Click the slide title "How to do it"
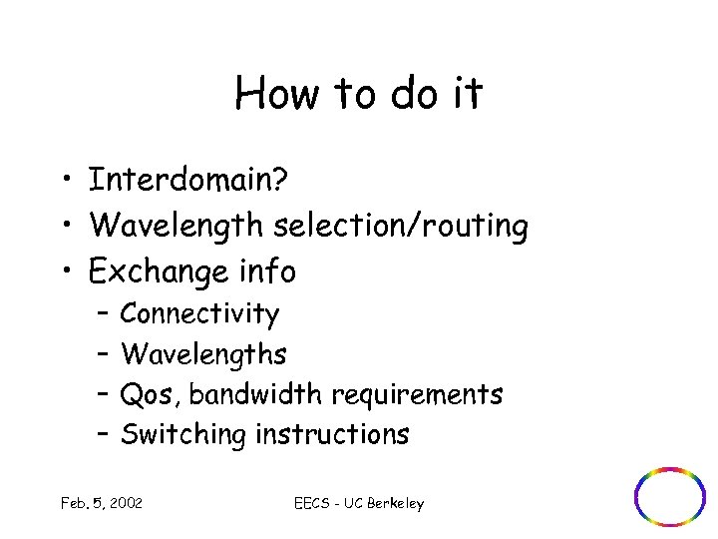click(x=359, y=94)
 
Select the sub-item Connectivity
click(x=199, y=314)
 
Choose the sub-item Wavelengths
click(x=203, y=354)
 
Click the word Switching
click(x=183, y=434)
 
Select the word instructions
click(x=332, y=434)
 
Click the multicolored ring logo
click(x=670, y=496)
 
